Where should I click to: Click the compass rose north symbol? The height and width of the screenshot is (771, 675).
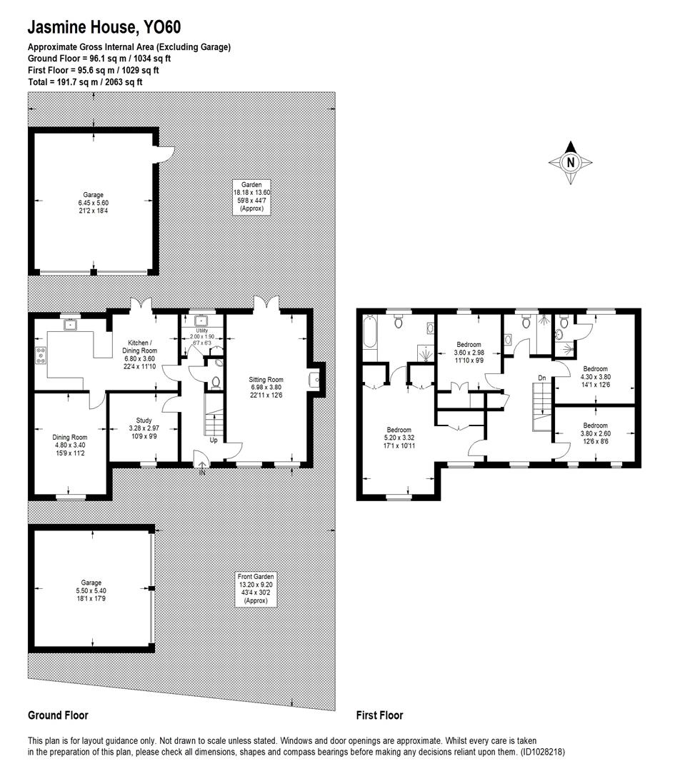(571, 161)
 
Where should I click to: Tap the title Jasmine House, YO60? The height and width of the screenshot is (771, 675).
(104, 28)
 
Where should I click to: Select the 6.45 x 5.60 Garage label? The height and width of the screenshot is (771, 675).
(93, 202)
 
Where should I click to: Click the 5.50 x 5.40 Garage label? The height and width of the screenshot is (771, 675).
(91, 590)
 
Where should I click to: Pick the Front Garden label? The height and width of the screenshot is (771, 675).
(255, 588)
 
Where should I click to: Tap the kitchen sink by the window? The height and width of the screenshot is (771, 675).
(71, 325)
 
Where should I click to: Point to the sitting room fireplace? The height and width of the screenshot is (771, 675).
(315, 380)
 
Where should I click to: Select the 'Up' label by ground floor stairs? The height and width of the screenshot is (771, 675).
(214, 440)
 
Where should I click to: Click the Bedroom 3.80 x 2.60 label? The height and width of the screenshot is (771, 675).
(595, 433)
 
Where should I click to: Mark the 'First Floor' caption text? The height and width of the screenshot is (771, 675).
(379, 715)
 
